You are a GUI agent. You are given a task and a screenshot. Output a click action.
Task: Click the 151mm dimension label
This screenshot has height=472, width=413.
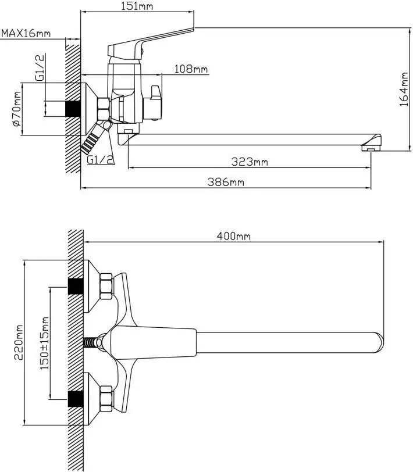tap(137, 6)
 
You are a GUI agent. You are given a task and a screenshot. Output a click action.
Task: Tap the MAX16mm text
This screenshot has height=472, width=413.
tap(26, 33)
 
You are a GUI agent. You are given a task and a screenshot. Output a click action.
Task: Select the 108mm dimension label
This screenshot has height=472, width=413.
tap(191, 69)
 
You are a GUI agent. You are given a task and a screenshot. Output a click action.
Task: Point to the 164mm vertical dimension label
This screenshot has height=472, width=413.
tap(404, 89)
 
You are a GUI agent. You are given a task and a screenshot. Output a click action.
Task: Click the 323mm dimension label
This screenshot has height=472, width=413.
tap(250, 162)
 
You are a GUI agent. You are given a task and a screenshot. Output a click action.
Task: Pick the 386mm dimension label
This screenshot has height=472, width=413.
tap(226, 182)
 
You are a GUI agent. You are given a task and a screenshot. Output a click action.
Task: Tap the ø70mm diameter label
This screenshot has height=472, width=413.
tap(17, 109)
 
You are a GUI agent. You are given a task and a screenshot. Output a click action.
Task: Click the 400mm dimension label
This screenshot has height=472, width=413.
tap(233, 237)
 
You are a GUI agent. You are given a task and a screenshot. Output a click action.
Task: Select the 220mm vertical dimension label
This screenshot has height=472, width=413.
tap(19, 342)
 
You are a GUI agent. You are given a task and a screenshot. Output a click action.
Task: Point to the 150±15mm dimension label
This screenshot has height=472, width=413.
tap(44, 343)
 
